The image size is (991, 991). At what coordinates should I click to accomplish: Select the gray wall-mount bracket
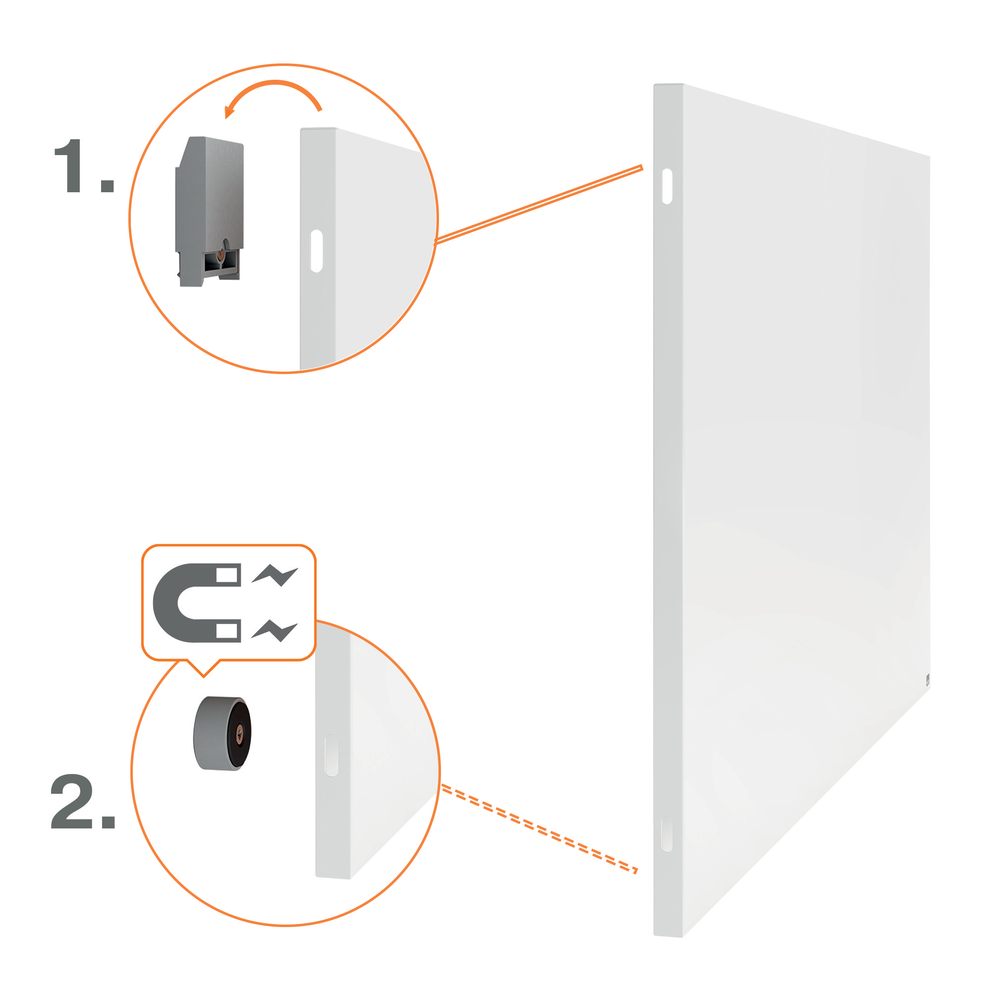(x=209, y=211)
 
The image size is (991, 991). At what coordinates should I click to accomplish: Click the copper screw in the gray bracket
(x=220, y=254)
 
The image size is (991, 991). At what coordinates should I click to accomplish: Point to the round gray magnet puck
(x=222, y=733)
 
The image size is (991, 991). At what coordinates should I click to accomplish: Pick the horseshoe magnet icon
(x=197, y=602)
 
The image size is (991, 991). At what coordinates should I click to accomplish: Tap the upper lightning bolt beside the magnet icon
(x=275, y=575)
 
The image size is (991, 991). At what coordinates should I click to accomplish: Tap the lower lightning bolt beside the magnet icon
(x=275, y=630)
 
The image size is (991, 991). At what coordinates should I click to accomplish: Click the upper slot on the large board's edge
(x=667, y=186)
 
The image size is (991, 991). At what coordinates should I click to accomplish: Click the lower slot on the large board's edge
(x=667, y=834)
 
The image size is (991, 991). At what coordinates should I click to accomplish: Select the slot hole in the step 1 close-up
(x=317, y=251)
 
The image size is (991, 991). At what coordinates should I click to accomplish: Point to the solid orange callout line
(x=539, y=204)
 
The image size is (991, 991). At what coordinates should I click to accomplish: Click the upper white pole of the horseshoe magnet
(x=226, y=575)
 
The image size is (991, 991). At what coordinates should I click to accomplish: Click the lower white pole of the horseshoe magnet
(x=226, y=630)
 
